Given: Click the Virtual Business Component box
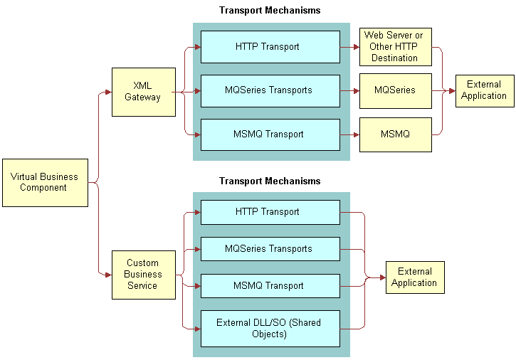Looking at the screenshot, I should pyautogui.click(x=45, y=182).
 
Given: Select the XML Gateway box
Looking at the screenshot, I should pyautogui.click(x=143, y=92).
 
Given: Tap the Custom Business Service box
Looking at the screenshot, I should pyautogui.click(x=143, y=275).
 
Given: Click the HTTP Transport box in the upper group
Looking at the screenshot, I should pyautogui.click(x=270, y=47).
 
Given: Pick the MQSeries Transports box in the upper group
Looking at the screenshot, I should pyautogui.click(x=270, y=90).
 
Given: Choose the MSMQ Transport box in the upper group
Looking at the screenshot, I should pyautogui.click(x=270, y=134).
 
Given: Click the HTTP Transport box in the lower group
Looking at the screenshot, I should pyautogui.click(x=270, y=212).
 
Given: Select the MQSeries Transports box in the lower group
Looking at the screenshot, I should pyautogui.click(x=270, y=249).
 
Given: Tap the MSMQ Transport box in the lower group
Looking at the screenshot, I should pyautogui.click(x=270, y=286).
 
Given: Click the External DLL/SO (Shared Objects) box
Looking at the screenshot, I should pyautogui.click(x=270, y=328).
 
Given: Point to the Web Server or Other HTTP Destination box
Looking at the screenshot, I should pyautogui.click(x=395, y=47).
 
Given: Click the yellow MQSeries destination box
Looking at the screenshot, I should pyautogui.click(x=395, y=91).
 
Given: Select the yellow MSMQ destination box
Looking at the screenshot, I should pyautogui.click(x=395, y=134).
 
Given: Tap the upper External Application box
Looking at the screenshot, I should pyautogui.click(x=484, y=90).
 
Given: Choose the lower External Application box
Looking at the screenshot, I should pyautogui.click(x=414, y=277).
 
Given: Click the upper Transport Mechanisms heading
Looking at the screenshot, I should pyautogui.click(x=270, y=11).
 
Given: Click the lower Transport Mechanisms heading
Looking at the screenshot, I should pyautogui.click(x=270, y=181).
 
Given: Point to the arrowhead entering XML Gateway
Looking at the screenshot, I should pyautogui.click(x=108, y=92).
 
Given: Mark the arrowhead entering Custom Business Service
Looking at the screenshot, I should pyautogui.click(x=108, y=275).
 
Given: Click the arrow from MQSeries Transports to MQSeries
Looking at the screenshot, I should pyautogui.click(x=349, y=91).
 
